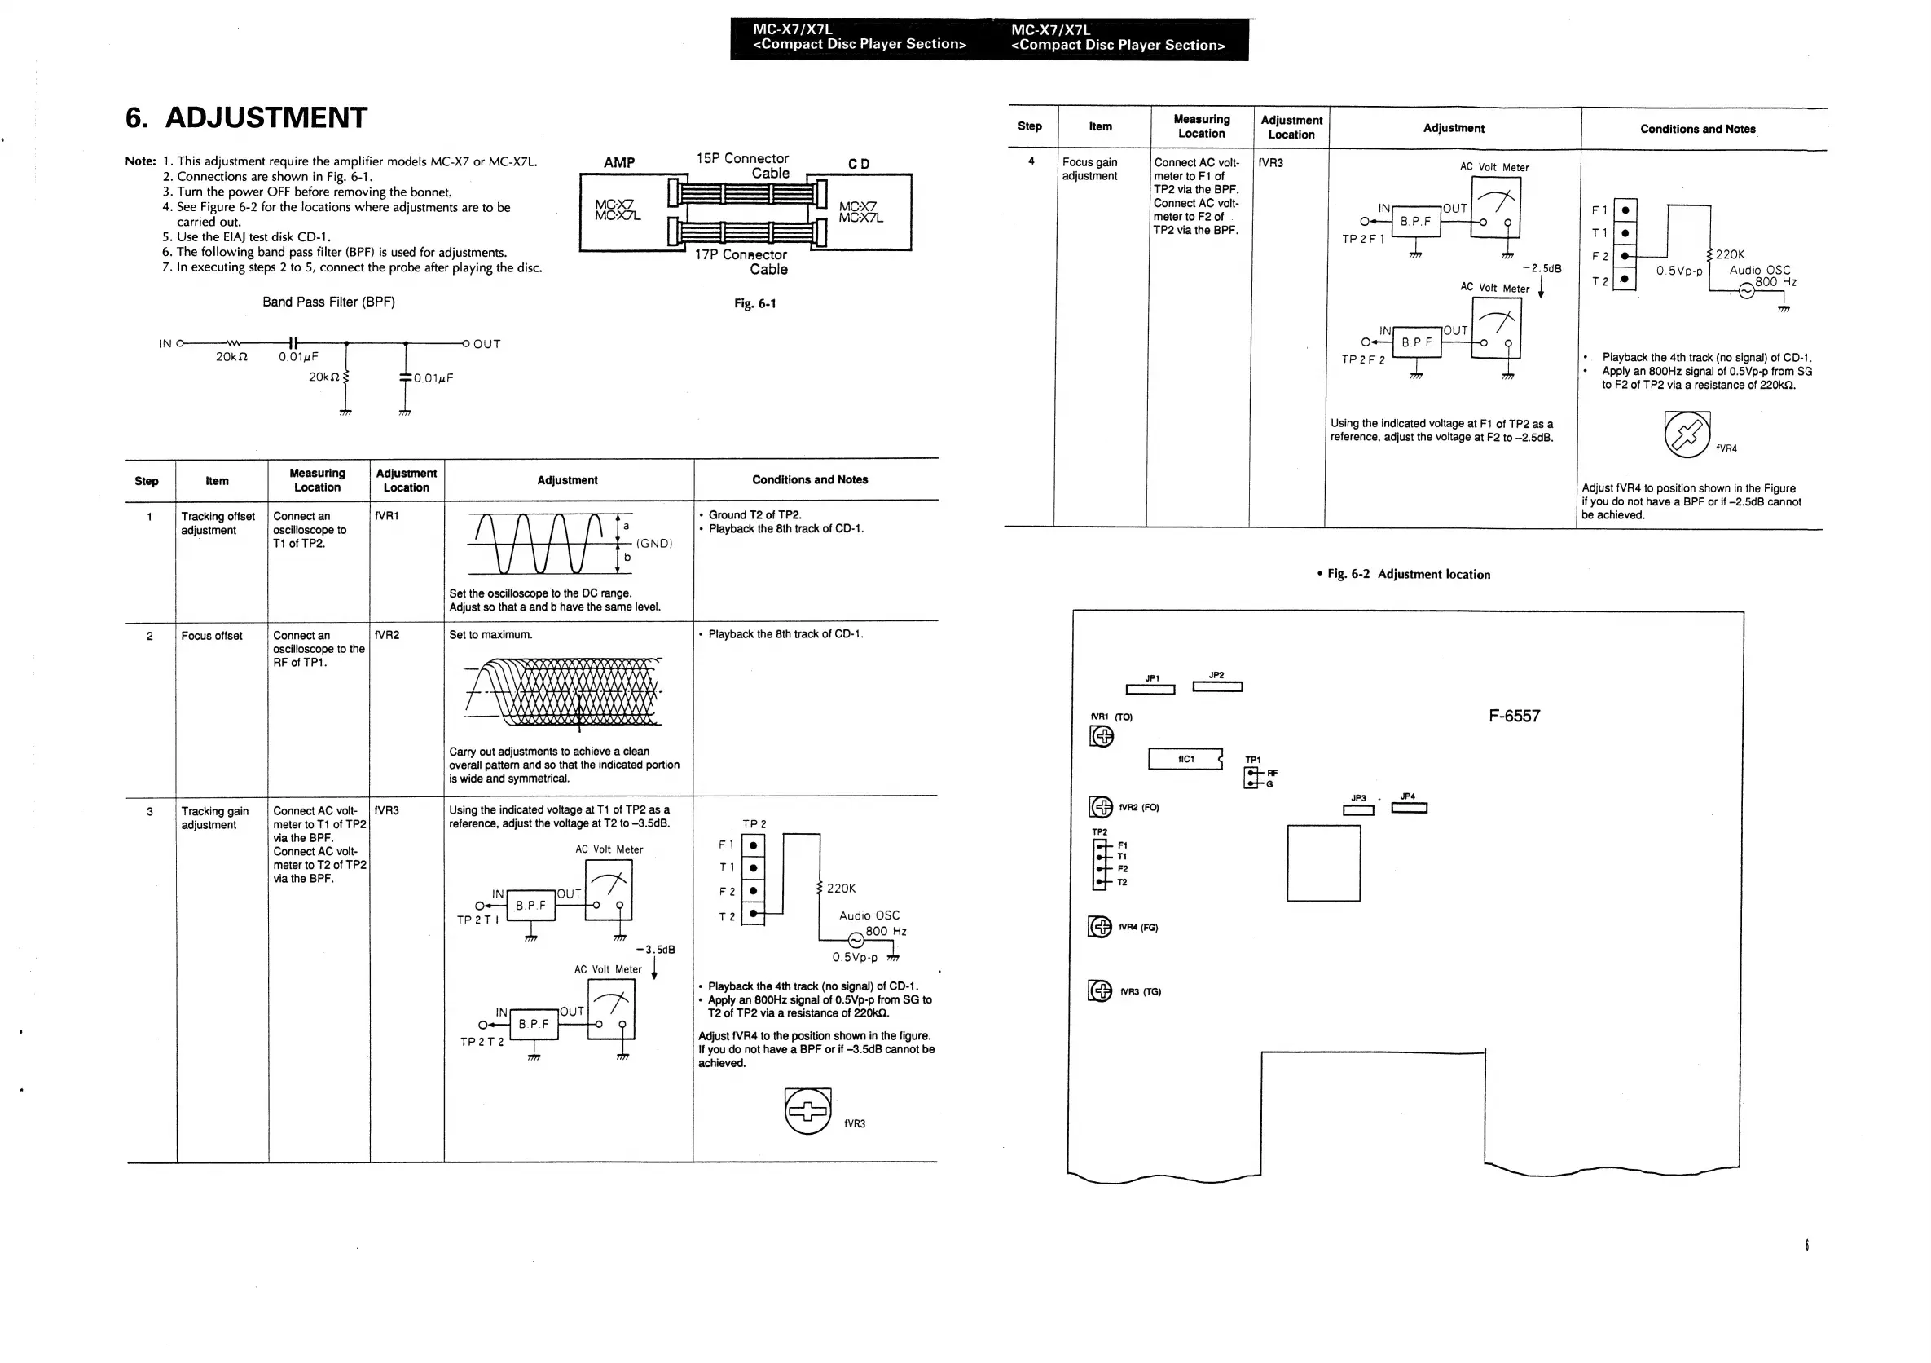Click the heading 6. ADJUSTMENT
pyautogui.click(x=245, y=117)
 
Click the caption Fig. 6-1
pyautogui.click(x=754, y=304)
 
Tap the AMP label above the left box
pyautogui.click(x=619, y=162)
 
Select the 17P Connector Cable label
pyautogui.click(x=741, y=262)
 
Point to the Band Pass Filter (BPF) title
pyautogui.click(x=328, y=302)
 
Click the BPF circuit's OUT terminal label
pyautogui.click(x=486, y=344)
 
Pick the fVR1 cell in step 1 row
pyautogui.click(x=387, y=516)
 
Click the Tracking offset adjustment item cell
pyautogui.click(x=217, y=523)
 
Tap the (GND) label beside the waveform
pyautogui.click(x=654, y=544)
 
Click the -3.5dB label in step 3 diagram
pyautogui.click(x=656, y=950)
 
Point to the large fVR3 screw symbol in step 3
pyautogui.click(x=807, y=1110)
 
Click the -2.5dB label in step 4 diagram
pyautogui.click(x=1542, y=268)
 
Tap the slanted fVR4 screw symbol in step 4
pyautogui.click(x=1687, y=434)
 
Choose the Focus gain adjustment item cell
pyautogui.click(x=1090, y=169)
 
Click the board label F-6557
pyautogui.click(x=1514, y=716)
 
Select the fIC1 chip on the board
pyautogui.click(x=1185, y=759)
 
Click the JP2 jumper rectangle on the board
pyautogui.click(x=1217, y=686)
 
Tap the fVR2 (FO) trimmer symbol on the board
pyautogui.click(x=1100, y=807)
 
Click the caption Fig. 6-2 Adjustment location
pyautogui.click(x=1403, y=575)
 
